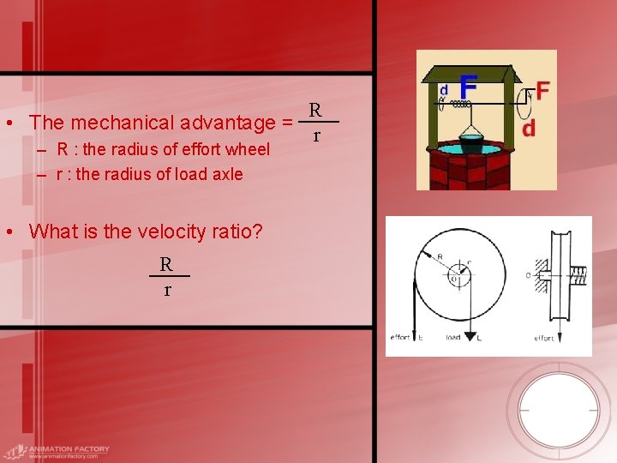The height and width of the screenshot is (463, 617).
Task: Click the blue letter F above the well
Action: click(x=468, y=87)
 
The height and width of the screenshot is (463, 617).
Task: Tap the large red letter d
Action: click(x=529, y=128)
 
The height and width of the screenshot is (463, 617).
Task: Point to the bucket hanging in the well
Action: click(x=470, y=141)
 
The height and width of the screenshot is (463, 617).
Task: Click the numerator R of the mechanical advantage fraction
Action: click(x=315, y=110)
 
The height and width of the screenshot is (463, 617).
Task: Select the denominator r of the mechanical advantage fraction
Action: click(x=316, y=135)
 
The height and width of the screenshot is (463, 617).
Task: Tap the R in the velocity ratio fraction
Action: click(x=166, y=264)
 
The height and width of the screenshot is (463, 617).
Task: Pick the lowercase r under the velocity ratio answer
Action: click(x=167, y=290)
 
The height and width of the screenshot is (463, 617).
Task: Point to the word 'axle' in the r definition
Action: click(x=227, y=174)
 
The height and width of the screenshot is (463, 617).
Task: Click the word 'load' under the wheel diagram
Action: click(x=453, y=338)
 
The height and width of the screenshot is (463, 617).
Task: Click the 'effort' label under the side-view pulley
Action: click(x=544, y=338)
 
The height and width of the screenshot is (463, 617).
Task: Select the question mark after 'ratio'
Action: click(x=257, y=231)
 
